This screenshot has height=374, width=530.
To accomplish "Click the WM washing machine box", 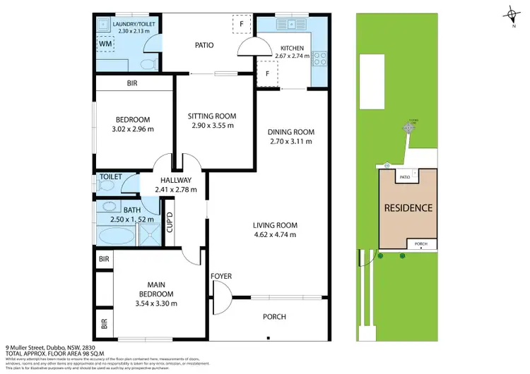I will click(x=106, y=44).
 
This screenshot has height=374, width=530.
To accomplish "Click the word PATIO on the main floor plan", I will click(x=204, y=45).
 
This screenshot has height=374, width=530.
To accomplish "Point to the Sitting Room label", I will click(x=211, y=116).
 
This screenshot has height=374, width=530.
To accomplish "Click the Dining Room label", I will click(x=290, y=132).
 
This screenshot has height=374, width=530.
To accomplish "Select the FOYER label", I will click(x=221, y=276).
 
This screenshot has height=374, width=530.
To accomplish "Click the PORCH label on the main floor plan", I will click(x=274, y=317).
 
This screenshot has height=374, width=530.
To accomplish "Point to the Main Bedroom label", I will click(x=155, y=289).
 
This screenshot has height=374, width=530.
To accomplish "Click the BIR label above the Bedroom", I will click(x=132, y=83).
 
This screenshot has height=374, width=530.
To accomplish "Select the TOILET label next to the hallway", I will click(x=110, y=176).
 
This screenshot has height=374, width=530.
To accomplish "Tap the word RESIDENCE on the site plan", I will click(x=407, y=209).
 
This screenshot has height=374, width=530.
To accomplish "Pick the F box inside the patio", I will click(x=242, y=25).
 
